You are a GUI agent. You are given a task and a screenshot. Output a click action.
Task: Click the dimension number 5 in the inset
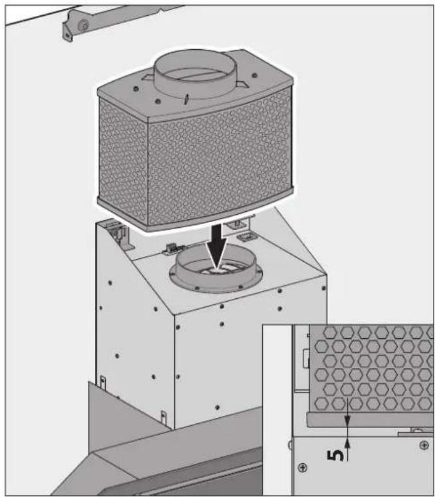[x=339, y=456]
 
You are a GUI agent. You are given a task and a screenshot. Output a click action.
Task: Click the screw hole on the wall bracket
[x=84, y=25]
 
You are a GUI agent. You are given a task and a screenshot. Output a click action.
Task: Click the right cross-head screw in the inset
[x=424, y=445]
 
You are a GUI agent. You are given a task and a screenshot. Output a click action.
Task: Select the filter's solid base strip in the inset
[x=366, y=421]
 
